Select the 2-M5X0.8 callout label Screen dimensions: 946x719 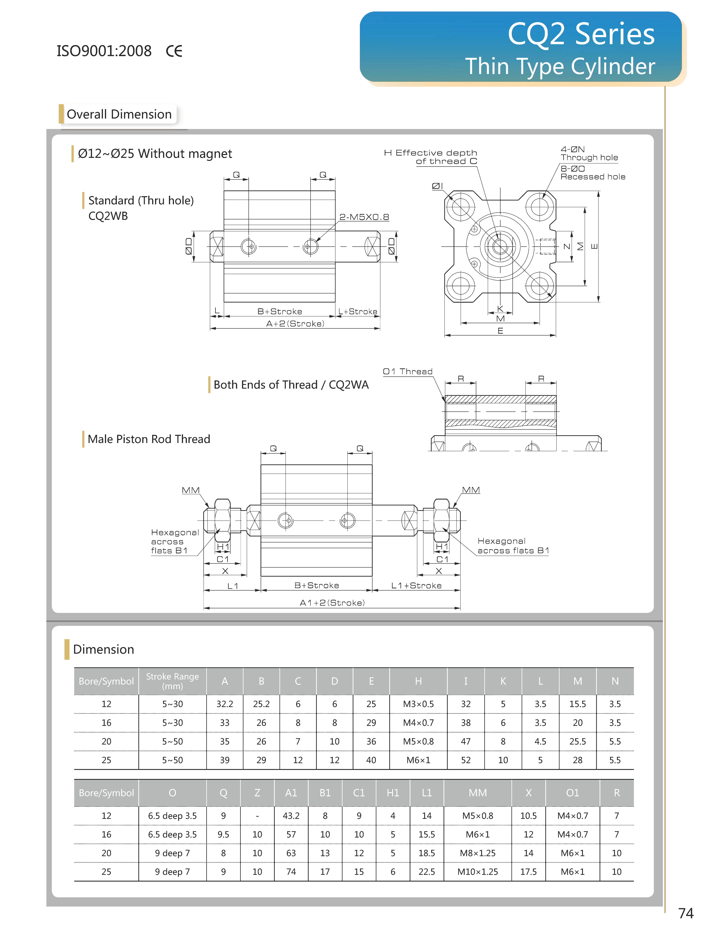point(364,217)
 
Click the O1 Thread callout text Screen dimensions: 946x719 point(407,371)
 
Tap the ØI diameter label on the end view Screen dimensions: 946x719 point(437,186)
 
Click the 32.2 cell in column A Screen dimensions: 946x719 point(225,704)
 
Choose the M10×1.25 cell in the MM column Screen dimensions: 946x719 point(478,872)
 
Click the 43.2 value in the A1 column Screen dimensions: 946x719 point(291,816)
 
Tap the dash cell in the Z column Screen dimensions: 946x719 point(257,816)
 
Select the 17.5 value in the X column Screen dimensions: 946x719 point(529,872)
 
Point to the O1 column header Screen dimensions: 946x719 point(573,793)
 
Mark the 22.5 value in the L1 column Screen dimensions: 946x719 point(427,872)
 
